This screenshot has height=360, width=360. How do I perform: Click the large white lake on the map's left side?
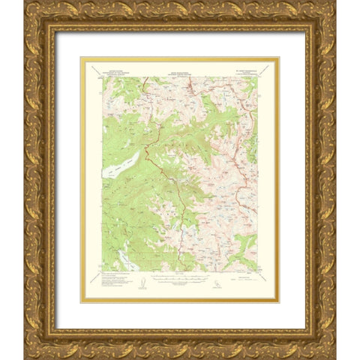click(x=121, y=165)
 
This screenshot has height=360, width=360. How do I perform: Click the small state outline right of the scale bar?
click(x=217, y=283)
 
